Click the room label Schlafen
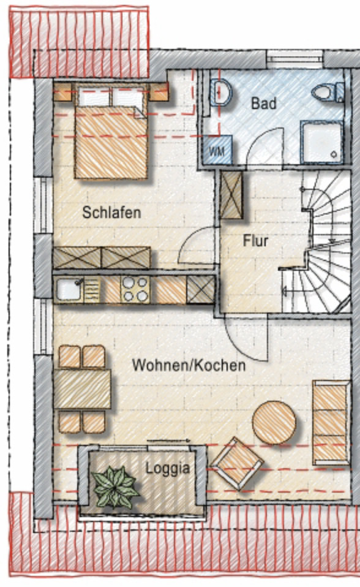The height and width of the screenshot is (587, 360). tap(111, 213)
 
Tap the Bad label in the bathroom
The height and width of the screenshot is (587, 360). tap(263, 103)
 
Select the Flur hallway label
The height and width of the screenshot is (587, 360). tap(255, 241)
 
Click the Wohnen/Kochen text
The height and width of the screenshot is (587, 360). tap(189, 365)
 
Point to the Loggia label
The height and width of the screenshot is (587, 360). tap(167, 469)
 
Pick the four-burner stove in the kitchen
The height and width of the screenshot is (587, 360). tap(135, 289)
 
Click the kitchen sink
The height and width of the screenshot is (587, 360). tap(69, 289)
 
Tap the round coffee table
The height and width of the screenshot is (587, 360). tap(274, 422)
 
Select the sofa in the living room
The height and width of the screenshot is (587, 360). tap(331, 422)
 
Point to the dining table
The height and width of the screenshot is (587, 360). tap(82, 389)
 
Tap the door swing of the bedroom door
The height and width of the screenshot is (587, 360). tap(197, 246)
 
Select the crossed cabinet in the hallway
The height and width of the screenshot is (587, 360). tap(231, 195)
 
